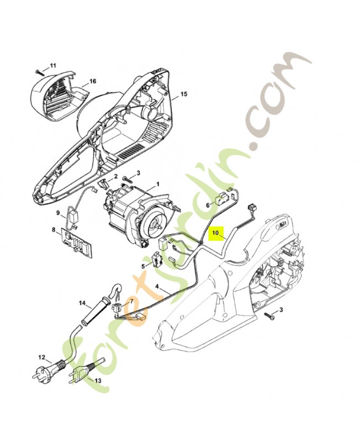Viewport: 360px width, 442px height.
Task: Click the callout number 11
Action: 53,66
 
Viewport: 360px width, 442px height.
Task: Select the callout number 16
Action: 93,81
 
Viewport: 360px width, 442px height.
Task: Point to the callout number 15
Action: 184,94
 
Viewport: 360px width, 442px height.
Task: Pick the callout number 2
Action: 116,176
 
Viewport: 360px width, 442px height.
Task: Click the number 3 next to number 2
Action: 138,173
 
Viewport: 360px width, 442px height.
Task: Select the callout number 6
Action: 208,204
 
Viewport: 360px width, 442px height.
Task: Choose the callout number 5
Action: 142,266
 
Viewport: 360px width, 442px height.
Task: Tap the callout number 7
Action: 131,301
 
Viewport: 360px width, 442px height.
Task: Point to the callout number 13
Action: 98,381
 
